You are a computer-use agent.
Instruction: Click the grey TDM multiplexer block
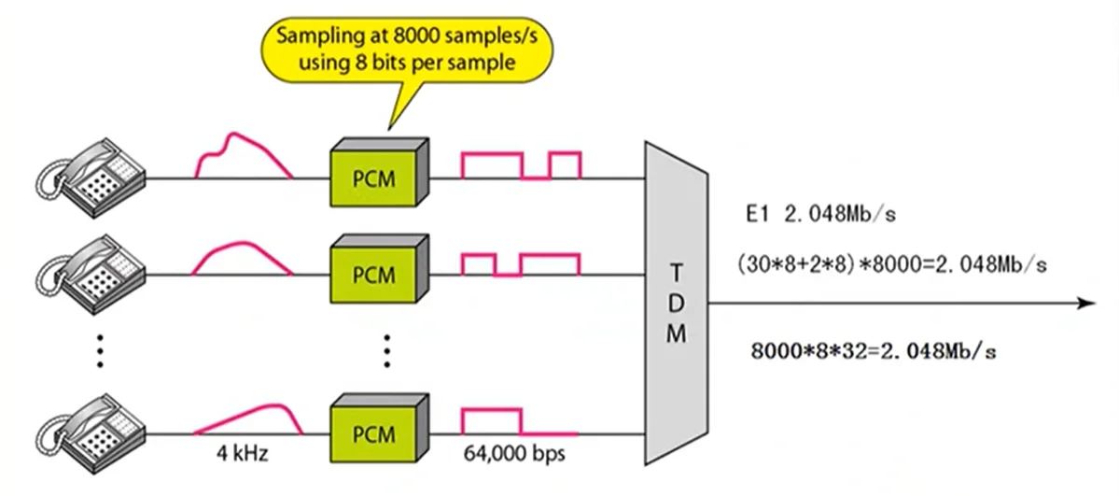pyautogui.click(x=677, y=303)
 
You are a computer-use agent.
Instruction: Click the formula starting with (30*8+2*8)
pyautogui.click(x=890, y=264)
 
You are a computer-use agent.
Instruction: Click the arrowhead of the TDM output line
pyautogui.click(x=1084, y=304)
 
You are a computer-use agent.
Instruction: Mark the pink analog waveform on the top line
pyautogui.click(x=244, y=155)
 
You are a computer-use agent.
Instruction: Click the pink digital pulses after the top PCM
pyautogui.click(x=522, y=164)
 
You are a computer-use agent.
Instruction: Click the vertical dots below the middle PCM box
pyautogui.click(x=386, y=349)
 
